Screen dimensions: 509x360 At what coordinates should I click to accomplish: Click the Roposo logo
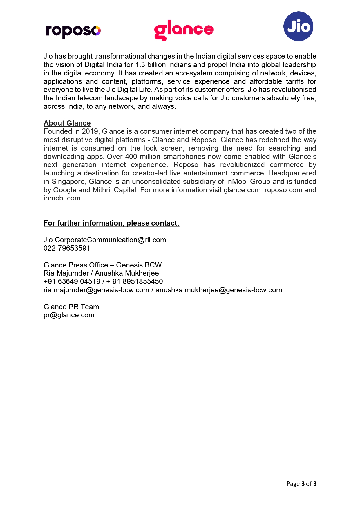click(x=73, y=30)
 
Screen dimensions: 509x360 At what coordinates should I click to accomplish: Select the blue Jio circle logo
click(x=298, y=26)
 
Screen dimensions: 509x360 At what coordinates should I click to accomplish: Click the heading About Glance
click(x=67, y=123)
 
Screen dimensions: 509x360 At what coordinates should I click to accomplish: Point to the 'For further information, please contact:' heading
click(x=111, y=223)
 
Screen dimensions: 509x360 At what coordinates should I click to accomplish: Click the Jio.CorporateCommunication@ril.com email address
click(x=105, y=240)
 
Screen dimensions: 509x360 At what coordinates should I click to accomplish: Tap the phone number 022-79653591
click(x=67, y=248)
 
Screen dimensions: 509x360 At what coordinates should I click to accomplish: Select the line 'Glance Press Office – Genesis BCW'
click(x=102, y=265)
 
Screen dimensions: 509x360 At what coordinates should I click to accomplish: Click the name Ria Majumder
click(x=66, y=273)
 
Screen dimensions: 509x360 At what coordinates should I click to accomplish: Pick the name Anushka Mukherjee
click(x=127, y=273)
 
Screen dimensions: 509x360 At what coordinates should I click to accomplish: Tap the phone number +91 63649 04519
click(x=72, y=282)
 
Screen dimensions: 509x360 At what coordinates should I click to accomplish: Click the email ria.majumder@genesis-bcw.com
click(x=96, y=290)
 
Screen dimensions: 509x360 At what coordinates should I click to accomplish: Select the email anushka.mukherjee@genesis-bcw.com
click(x=219, y=290)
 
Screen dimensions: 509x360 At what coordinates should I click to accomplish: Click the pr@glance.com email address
click(x=69, y=315)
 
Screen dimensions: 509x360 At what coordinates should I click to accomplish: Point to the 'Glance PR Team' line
click(x=71, y=307)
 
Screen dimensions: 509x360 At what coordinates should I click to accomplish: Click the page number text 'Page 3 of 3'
click(x=301, y=483)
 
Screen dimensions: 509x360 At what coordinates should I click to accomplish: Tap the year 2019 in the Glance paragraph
click(x=90, y=131)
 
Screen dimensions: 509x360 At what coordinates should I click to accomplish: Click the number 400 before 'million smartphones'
click(x=131, y=157)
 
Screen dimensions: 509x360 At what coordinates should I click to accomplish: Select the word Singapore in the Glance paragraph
click(x=69, y=182)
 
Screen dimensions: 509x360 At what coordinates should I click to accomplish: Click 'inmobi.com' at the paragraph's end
click(x=62, y=198)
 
